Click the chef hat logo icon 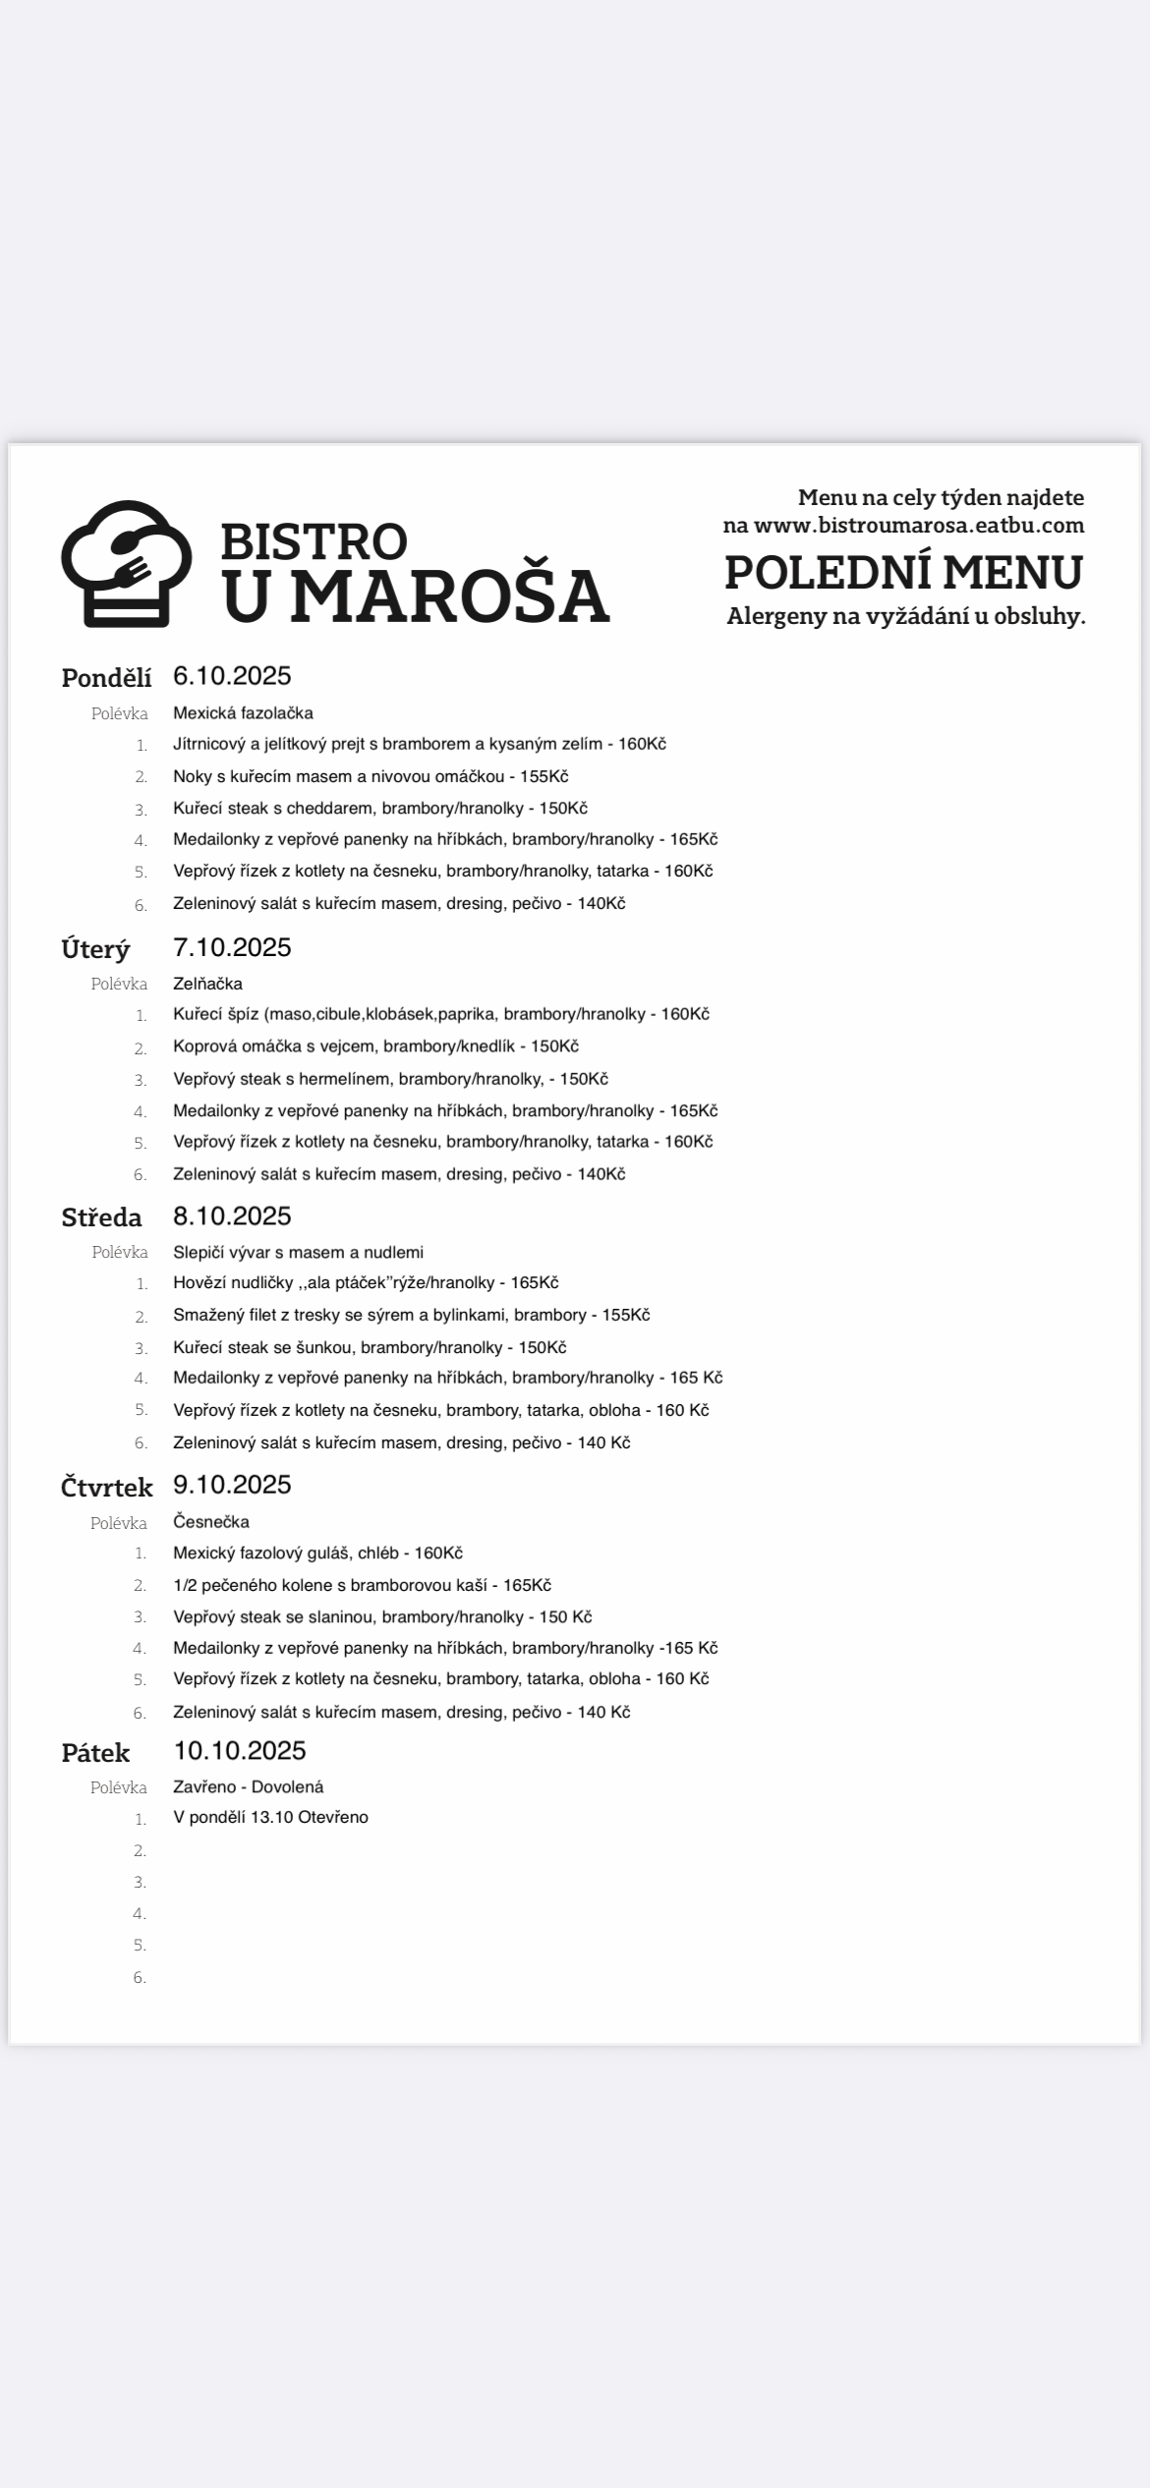pyautogui.click(x=126, y=563)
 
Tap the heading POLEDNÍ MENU pyautogui.click(x=903, y=573)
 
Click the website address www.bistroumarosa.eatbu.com pyautogui.click(x=918, y=525)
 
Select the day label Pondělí pyautogui.click(x=106, y=678)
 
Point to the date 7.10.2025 pyautogui.click(x=232, y=947)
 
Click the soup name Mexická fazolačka pyautogui.click(x=243, y=713)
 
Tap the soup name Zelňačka pyautogui.click(x=207, y=984)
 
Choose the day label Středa pyautogui.click(x=101, y=1217)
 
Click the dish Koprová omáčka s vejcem pyautogui.click(x=375, y=1046)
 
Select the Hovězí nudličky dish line pyautogui.click(x=366, y=1282)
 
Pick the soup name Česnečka pyautogui.click(x=211, y=1522)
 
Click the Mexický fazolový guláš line pyautogui.click(x=317, y=1554)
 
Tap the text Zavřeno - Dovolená pyautogui.click(x=248, y=1787)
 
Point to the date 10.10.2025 pyautogui.click(x=240, y=1751)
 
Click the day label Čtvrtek pyautogui.click(x=106, y=1488)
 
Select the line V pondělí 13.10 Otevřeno pyautogui.click(x=270, y=1818)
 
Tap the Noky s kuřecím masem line pyautogui.click(x=371, y=776)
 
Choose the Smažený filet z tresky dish pyautogui.click(x=411, y=1315)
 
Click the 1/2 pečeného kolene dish pyautogui.click(x=362, y=1585)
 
